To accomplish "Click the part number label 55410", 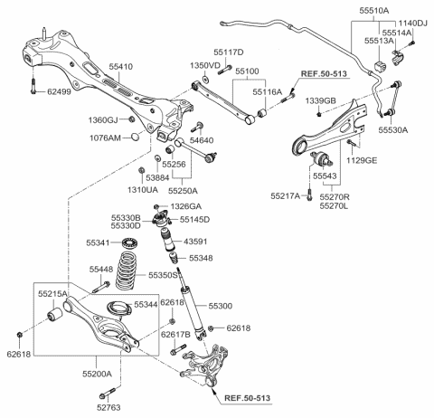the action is point(121,66).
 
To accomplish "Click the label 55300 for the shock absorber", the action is point(221,306).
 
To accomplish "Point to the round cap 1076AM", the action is point(136,137).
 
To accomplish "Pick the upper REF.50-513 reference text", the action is point(324,73).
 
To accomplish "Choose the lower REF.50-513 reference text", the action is point(247,398).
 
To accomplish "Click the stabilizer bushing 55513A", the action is point(380,67).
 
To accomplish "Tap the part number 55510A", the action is point(374,11).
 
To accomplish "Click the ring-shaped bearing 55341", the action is point(130,242).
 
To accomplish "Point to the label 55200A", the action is point(97,374).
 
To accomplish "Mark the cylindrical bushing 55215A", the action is point(55,314).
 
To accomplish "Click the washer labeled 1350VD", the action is point(205,79).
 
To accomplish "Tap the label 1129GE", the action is point(362,160).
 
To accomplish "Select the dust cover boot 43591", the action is point(167,239).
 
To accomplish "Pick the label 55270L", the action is point(334,206).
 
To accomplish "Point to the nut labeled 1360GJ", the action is point(131,119).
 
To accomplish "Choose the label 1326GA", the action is point(186,206).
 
